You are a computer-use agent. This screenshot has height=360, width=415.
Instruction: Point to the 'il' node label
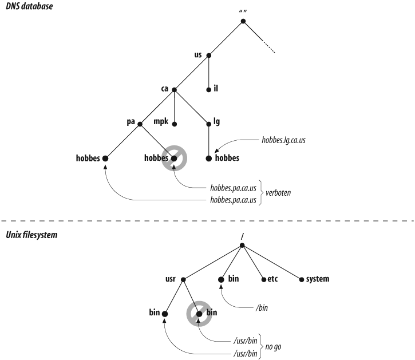point(217,89)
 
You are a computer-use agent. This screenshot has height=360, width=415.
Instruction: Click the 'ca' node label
point(165,89)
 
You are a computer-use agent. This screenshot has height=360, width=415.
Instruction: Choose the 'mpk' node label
point(161,122)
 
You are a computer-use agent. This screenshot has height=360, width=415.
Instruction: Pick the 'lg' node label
point(217,122)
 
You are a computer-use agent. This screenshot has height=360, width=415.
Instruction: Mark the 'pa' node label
point(131,122)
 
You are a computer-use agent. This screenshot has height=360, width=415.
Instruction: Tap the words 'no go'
point(274,347)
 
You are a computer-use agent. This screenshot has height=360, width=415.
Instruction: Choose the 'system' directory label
point(316,279)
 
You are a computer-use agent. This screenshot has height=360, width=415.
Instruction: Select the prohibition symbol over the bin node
point(199,314)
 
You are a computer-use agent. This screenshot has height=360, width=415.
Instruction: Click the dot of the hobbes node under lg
point(209,157)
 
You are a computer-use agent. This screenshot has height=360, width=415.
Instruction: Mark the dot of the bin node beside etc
point(221,279)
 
